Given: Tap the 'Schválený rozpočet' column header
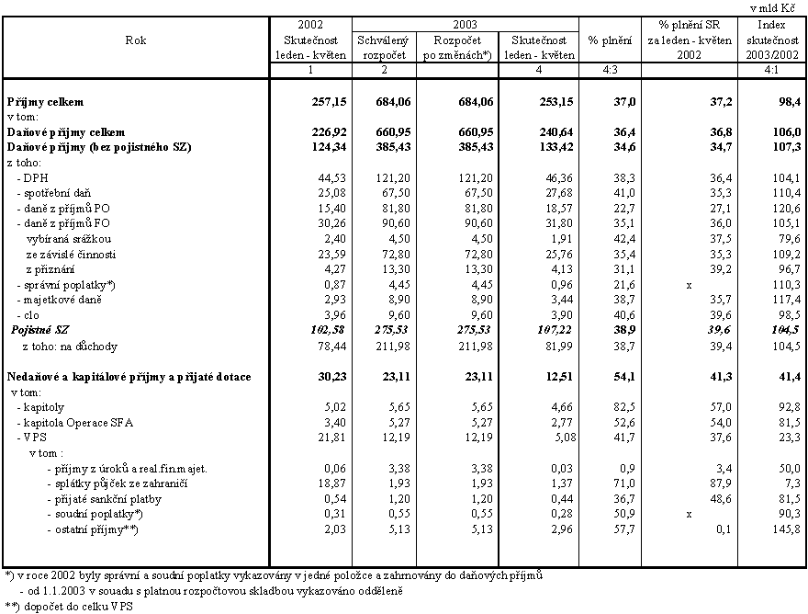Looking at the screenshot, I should [x=381, y=47].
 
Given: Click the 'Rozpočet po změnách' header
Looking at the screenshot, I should [x=454, y=47].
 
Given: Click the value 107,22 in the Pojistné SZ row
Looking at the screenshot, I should [x=554, y=328].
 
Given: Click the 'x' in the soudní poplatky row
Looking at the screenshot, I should [x=689, y=514].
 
